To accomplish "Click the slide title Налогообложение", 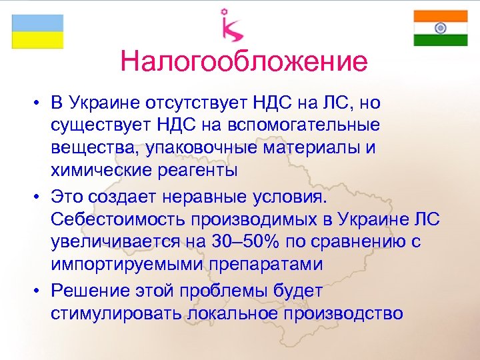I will coord(244,62).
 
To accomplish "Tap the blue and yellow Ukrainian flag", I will coord(37,31).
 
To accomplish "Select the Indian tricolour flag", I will coord(440,28).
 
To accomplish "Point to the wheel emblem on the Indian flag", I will coord(440,28).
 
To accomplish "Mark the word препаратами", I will coord(267,265).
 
